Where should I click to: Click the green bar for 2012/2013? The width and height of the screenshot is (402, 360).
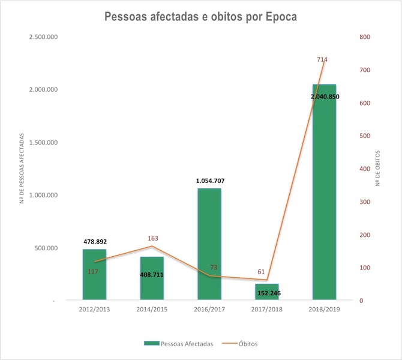pyautogui.click(x=94, y=282)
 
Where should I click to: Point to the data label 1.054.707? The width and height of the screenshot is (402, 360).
pyautogui.click(x=209, y=180)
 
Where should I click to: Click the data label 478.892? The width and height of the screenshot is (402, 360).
pyautogui.click(x=95, y=241)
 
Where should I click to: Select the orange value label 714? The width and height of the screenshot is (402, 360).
pyautogui.click(x=322, y=59)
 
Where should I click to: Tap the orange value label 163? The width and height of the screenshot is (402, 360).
pyautogui.click(x=152, y=238)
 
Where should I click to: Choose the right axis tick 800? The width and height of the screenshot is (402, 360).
pyautogui.click(x=365, y=37)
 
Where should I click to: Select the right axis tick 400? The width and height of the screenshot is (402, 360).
pyautogui.click(x=365, y=169)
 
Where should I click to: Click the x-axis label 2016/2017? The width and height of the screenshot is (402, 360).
pyautogui.click(x=209, y=310)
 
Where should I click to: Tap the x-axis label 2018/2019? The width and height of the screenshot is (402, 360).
pyautogui.click(x=324, y=310)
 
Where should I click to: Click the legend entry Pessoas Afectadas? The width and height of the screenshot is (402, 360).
pyautogui.click(x=187, y=343)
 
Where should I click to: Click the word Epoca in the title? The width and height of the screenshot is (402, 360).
pyautogui.click(x=277, y=16)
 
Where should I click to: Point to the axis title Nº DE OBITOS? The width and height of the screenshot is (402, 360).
pyautogui.click(x=378, y=169)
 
